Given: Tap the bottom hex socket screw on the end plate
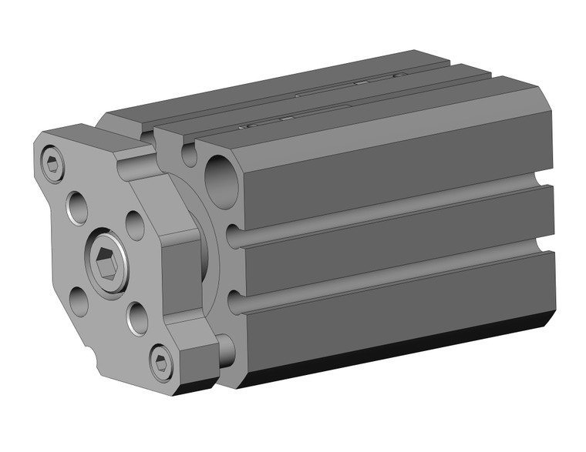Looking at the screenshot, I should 161,361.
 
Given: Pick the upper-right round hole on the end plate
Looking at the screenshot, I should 135,226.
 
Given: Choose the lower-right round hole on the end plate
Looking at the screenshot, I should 137,318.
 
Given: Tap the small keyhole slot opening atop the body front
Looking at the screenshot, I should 190,152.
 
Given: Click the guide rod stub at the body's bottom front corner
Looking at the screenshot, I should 225,350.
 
